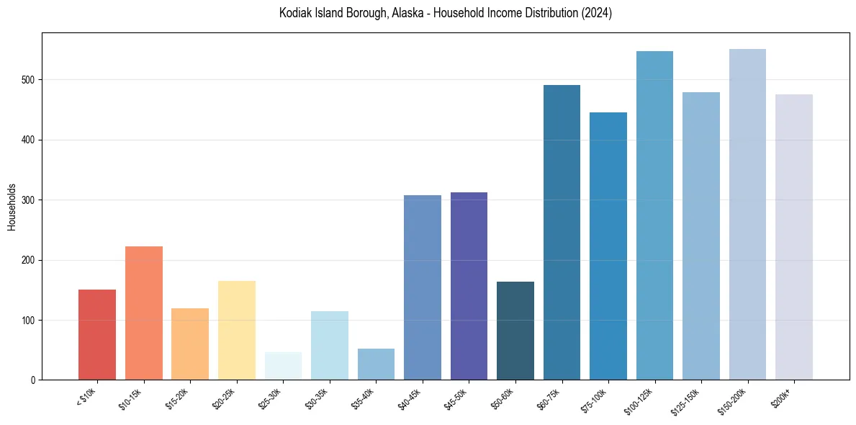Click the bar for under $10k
click(x=97, y=334)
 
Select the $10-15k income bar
click(x=143, y=313)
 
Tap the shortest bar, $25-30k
click(x=283, y=366)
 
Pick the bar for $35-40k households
click(x=376, y=364)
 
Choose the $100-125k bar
click(x=654, y=215)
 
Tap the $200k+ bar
click(x=794, y=237)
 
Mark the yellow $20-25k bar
click(x=237, y=330)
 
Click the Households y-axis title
click(x=12, y=206)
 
